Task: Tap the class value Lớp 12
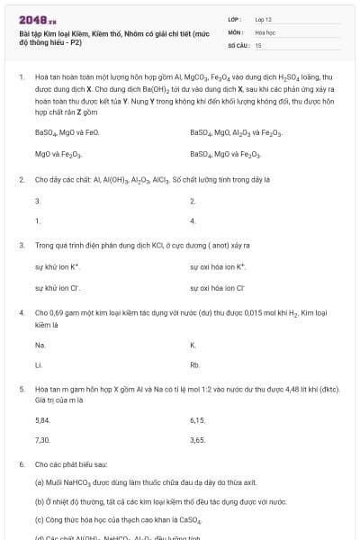tap(263, 18)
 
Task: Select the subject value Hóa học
tap(264, 31)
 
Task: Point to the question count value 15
tap(258, 44)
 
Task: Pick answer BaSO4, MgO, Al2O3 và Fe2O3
tap(236, 132)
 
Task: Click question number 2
tap(21, 179)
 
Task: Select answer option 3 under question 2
tap(37, 201)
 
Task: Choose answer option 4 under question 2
tap(193, 220)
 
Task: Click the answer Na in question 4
tap(40, 345)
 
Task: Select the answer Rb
tap(194, 365)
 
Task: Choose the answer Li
tap(38, 365)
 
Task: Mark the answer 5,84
tap(42, 419)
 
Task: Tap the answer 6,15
tap(198, 419)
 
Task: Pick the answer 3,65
tap(198, 440)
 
